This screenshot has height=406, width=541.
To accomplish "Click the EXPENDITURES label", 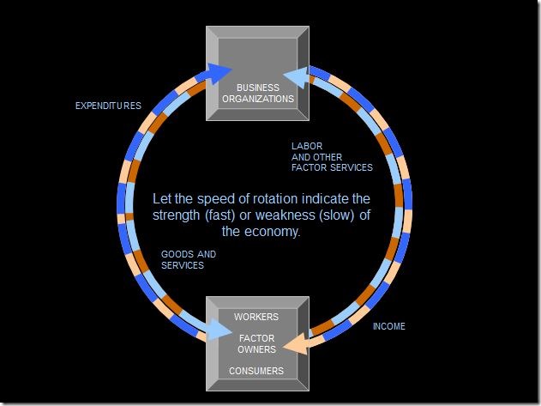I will tap(108, 106).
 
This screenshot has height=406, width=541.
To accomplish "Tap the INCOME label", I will tap(389, 326).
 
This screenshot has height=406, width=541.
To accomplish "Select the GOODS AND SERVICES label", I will tap(189, 260).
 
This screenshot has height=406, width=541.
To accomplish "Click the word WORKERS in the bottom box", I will tap(256, 317).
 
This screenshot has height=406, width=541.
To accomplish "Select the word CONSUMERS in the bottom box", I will tap(256, 371).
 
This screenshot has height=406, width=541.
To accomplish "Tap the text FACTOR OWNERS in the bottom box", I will tap(256, 343).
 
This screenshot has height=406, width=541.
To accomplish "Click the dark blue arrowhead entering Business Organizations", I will tap(221, 71).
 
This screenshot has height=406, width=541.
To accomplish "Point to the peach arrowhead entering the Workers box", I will tap(297, 345).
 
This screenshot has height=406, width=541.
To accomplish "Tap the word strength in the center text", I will tap(179, 215).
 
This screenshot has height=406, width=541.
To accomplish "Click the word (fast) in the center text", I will tap(232, 215).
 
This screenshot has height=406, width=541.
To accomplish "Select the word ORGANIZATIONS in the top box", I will tap(256, 99).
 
